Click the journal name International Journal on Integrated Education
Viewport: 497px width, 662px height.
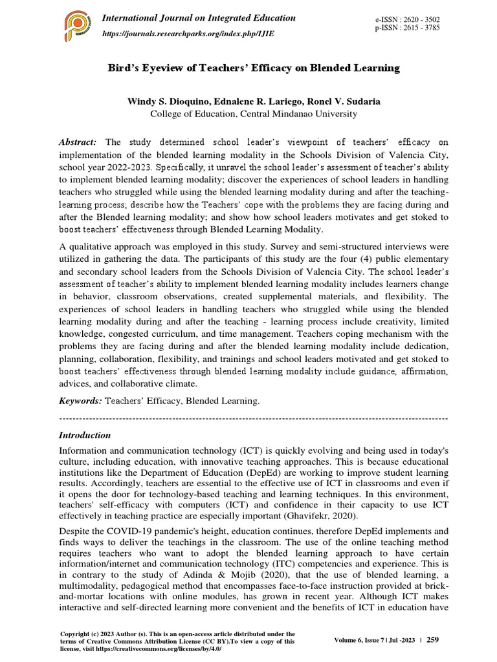(x=199, y=17)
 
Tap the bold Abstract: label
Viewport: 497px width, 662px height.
(x=78, y=142)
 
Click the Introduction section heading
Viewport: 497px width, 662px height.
(x=85, y=435)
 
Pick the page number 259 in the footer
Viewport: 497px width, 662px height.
(x=433, y=640)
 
